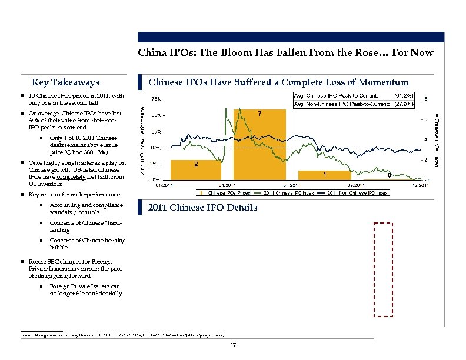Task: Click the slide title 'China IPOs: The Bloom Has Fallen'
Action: [285, 52]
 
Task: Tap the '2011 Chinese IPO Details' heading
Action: [202, 208]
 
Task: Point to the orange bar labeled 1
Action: [324, 175]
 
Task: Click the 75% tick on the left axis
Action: [158, 99]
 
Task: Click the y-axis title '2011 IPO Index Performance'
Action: [142, 138]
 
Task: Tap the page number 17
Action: [234, 345]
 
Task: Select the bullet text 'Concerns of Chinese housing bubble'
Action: [87, 244]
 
